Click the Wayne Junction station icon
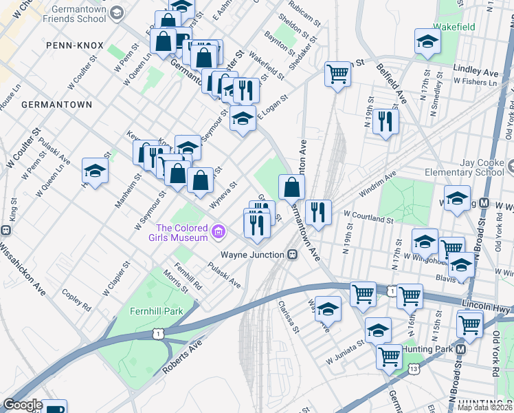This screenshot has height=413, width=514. (292, 255)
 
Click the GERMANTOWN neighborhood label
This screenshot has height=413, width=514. (56, 105)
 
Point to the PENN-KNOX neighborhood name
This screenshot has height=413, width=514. (75, 45)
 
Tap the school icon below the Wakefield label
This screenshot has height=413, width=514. (427, 43)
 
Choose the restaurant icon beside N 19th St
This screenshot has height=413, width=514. (387, 121)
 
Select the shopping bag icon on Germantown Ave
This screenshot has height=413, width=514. (292, 186)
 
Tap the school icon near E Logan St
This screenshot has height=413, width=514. (243, 118)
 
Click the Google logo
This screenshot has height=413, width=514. (23, 405)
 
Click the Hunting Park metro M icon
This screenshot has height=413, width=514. (461, 350)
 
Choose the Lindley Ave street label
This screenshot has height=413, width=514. (476, 72)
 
